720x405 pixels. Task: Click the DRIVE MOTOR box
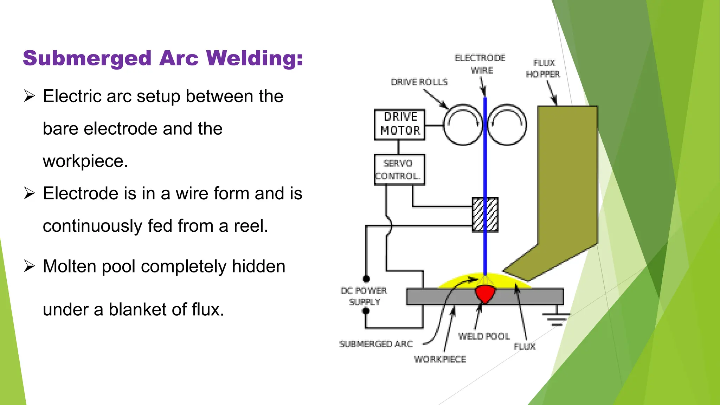tap(399, 124)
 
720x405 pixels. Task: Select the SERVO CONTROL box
tap(399, 170)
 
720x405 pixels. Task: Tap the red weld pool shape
tap(485, 294)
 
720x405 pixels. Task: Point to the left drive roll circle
tap(463, 125)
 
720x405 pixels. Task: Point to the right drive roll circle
tap(507, 125)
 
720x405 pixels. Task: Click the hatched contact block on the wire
tap(485, 214)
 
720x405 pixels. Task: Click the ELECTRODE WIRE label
tap(480, 64)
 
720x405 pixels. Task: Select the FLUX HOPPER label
tap(544, 69)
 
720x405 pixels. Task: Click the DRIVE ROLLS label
tap(419, 82)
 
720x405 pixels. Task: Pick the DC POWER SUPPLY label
tap(364, 296)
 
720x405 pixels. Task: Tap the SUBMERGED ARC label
tap(376, 344)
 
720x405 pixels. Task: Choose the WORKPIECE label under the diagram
tap(440, 359)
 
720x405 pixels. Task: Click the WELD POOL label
tap(484, 336)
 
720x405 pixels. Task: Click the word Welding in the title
tap(254, 58)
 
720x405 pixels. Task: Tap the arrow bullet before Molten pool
tap(30, 266)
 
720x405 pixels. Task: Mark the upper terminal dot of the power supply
tap(366, 279)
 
